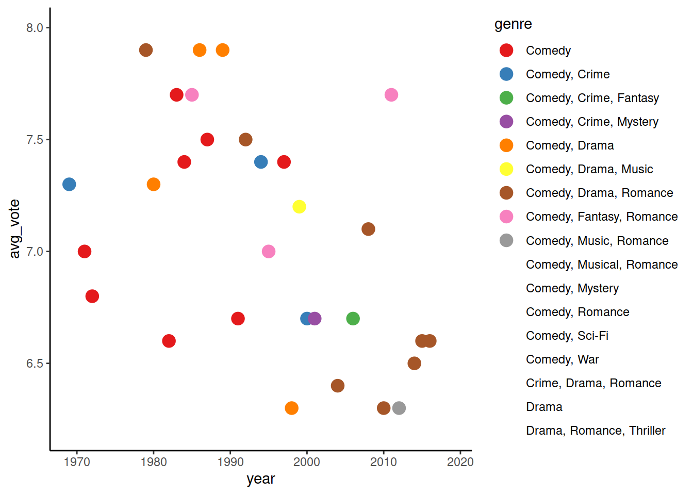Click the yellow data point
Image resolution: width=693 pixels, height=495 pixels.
[x=299, y=207]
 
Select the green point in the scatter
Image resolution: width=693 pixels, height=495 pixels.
[x=353, y=319]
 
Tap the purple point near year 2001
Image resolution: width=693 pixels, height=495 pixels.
[x=315, y=319]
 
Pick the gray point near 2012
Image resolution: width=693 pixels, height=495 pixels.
[x=399, y=408]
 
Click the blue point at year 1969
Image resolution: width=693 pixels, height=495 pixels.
[x=69, y=184]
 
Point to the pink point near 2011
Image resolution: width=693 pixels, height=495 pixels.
[x=391, y=95]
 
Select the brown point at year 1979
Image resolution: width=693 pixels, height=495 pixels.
[x=146, y=50]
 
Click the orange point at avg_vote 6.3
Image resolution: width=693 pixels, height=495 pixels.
[x=291, y=408]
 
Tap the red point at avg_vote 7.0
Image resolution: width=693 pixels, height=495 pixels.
[x=85, y=252]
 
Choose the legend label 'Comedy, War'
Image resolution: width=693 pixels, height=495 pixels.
[x=562, y=359]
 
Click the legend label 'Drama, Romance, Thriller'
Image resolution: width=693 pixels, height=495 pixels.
[x=595, y=431]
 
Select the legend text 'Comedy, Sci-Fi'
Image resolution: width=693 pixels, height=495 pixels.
[x=567, y=336]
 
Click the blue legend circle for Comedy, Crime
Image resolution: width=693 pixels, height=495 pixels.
[x=506, y=74]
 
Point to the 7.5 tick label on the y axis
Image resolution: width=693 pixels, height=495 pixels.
[x=35, y=140]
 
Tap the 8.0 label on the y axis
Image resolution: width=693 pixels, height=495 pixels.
[x=35, y=28]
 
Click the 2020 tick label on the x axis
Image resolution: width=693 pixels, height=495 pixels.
[x=460, y=462]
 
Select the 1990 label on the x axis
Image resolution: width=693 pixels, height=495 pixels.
[x=230, y=462]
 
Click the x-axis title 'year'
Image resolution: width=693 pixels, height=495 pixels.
[x=260, y=479]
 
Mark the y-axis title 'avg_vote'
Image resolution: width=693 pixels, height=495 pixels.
[x=14, y=228]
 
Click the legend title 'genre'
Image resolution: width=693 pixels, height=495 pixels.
[x=513, y=24]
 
